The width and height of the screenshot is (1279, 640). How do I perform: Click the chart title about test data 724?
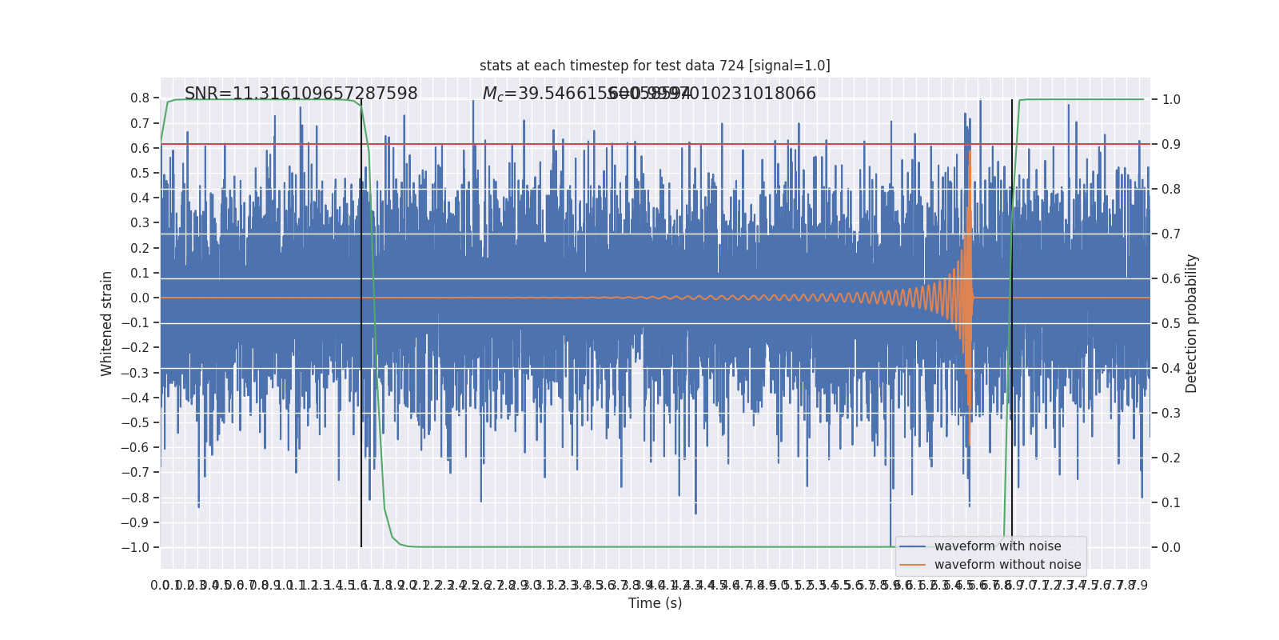coord(655,66)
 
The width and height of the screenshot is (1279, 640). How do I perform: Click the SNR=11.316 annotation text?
coord(301,94)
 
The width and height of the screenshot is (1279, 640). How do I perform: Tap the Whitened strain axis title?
coord(107,323)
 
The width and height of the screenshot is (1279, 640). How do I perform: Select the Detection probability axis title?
coord(1192,323)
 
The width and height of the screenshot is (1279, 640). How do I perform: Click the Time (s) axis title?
coord(655,603)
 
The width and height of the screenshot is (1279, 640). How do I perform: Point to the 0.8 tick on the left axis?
coord(140,98)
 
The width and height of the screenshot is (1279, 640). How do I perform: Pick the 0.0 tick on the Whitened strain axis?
coord(140,298)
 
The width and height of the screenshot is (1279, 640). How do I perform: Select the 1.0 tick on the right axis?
coord(1171,100)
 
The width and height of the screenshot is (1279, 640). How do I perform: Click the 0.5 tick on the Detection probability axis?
coord(1171,324)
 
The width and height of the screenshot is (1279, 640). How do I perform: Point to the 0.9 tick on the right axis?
coord(1171,145)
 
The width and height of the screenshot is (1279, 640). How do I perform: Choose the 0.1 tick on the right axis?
coord(1171,503)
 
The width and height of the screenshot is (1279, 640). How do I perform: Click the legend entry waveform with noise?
coord(998,546)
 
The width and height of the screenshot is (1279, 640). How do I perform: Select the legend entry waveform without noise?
coord(1007,565)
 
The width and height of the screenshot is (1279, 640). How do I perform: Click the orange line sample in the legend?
coord(912,565)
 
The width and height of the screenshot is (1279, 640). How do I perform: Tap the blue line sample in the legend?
coord(912,546)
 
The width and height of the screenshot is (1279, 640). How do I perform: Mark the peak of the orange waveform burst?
coord(970,152)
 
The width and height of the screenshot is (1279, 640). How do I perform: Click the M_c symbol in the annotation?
coord(492,94)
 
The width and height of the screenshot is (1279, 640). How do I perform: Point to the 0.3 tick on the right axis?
coord(1171,414)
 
